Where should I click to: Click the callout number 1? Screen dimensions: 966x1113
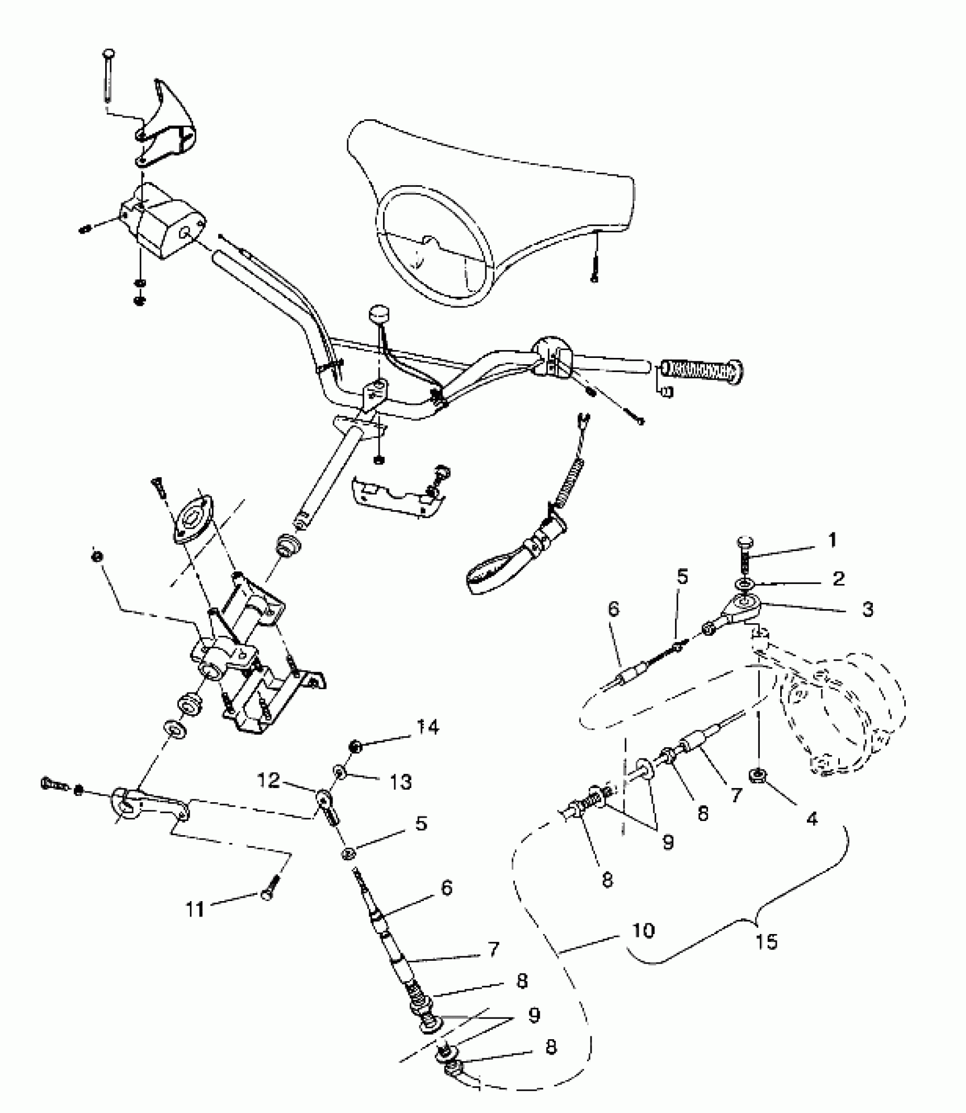[832, 540]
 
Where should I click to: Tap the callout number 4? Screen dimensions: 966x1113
[812, 818]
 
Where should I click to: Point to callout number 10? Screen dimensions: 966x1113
[643, 931]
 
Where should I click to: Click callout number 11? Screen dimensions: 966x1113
[195, 910]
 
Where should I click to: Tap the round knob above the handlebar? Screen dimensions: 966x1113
[377, 314]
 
